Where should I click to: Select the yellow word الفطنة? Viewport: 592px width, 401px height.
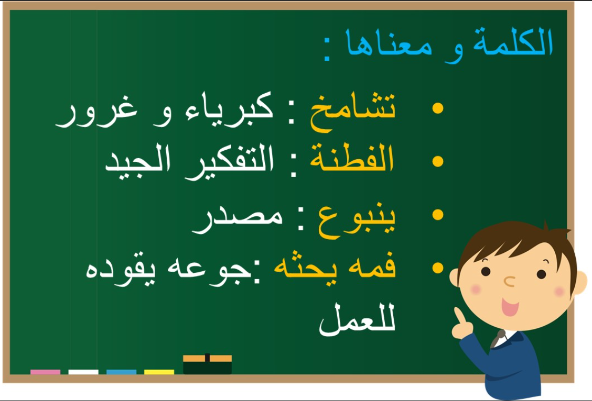pyautogui.click(x=352, y=159)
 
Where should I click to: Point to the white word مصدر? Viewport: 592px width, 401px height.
pyautogui.click(x=237, y=220)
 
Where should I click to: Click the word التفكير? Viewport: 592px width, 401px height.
pyautogui.click(x=230, y=162)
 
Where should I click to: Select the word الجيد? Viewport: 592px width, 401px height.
pyautogui.click(x=137, y=162)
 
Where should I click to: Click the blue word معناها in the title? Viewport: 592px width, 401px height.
pyautogui.click(x=389, y=44)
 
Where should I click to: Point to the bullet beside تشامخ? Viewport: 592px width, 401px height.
pyautogui.click(x=438, y=108)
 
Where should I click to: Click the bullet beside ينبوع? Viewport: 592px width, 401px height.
pyautogui.click(x=438, y=215)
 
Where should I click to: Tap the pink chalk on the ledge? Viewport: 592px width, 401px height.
pyautogui.click(x=45, y=372)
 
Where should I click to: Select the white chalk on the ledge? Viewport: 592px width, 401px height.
pyautogui.click(x=83, y=372)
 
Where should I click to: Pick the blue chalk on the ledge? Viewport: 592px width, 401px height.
pyautogui.click(x=122, y=372)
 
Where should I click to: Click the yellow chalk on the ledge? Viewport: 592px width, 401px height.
pyautogui.click(x=159, y=372)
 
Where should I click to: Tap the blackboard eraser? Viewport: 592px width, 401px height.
pyautogui.click(x=207, y=364)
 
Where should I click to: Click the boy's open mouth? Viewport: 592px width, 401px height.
pyautogui.click(x=510, y=307)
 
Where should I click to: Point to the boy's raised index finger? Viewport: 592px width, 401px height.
pyautogui.click(x=460, y=316)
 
